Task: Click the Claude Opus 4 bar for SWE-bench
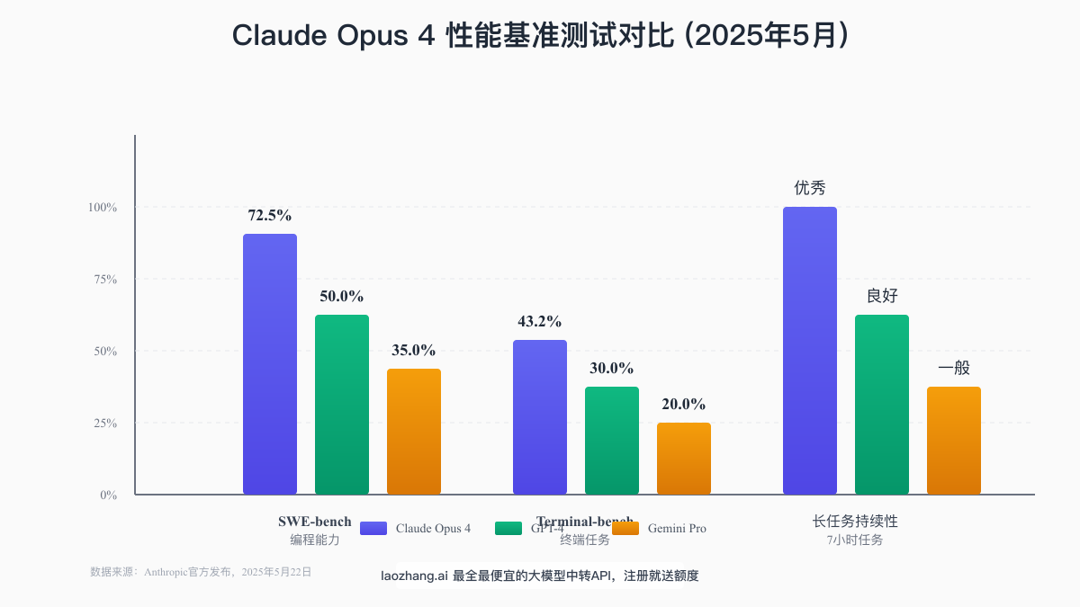point(270,364)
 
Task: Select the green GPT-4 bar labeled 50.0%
point(342,405)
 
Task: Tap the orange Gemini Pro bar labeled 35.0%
point(414,432)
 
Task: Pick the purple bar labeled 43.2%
point(540,417)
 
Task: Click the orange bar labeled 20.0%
point(684,459)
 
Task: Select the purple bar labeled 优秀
point(810,351)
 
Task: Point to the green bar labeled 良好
point(882,405)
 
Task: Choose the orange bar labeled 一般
point(954,441)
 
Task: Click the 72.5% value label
point(270,216)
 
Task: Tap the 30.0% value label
point(612,369)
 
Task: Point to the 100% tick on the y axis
point(103,208)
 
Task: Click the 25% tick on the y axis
point(105,424)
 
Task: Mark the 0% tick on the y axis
point(108,495)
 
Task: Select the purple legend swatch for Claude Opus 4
point(373,529)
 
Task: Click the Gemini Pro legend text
point(677,529)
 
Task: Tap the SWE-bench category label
point(314,522)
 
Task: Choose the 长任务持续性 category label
point(855,522)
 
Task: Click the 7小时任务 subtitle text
point(855,540)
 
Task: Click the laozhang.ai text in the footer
point(414,576)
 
